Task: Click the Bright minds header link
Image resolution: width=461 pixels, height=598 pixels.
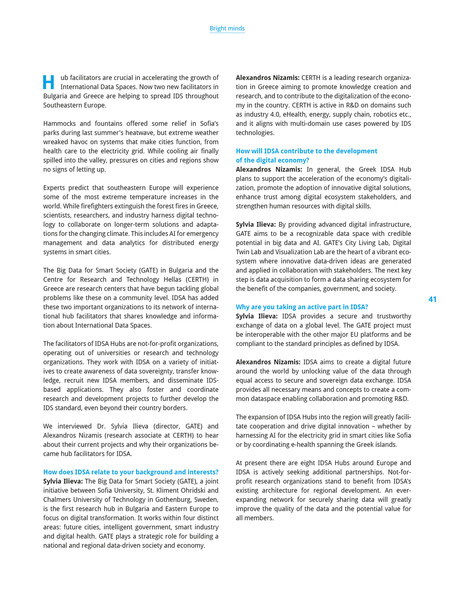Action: (227, 28)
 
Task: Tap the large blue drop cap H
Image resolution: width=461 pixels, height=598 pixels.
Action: (48, 82)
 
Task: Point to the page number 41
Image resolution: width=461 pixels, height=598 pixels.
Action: (432, 299)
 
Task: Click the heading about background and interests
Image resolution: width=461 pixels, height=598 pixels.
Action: (131, 472)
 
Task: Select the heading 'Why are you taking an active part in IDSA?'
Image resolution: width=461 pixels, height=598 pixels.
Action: (302, 307)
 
